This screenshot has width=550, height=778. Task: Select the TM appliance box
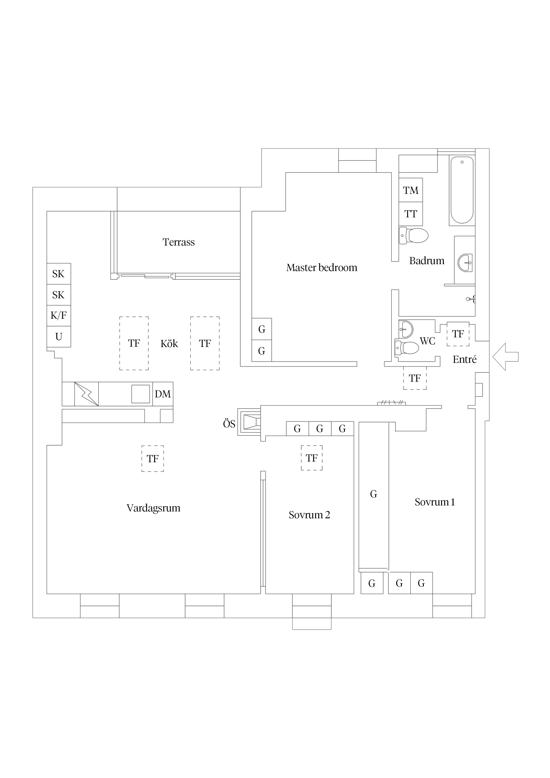click(x=411, y=190)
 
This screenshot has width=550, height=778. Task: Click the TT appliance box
click(x=411, y=214)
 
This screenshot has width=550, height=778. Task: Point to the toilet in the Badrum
click(x=413, y=236)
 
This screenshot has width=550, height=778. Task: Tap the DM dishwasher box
click(x=163, y=394)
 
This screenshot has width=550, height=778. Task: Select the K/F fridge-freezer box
click(x=59, y=315)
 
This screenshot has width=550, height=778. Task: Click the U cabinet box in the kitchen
click(x=59, y=336)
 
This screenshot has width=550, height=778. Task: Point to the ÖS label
click(x=229, y=424)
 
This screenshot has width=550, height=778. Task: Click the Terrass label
click(x=179, y=242)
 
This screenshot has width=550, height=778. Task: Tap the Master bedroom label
click(x=322, y=267)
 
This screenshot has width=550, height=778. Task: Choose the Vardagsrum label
click(x=153, y=508)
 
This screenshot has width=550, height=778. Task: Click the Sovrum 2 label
click(x=309, y=515)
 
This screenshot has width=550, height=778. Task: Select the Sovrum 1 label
click(x=435, y=502)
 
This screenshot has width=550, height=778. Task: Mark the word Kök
click(x=169, y=343)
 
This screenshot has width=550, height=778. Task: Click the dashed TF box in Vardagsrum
click(x=153, y=458)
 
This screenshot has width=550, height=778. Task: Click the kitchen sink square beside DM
click(x=141, y=394)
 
